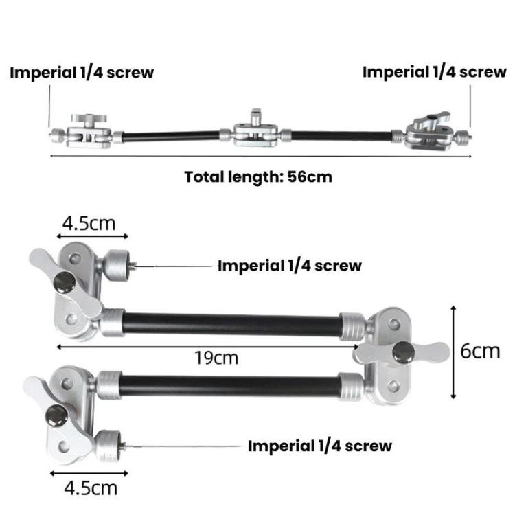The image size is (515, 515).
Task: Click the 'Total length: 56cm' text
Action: click(x=258, y=176)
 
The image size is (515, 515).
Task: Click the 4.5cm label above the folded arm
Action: click(x=89, y=223)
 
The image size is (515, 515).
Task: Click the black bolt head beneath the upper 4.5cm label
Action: click(x=66, y=280)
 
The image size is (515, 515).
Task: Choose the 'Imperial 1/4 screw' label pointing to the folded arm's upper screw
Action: click(x=289, y=266)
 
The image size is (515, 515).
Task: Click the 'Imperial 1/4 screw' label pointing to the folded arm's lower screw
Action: click(x=320, y=446)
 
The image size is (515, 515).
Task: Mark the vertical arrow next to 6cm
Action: click(x=453, y=351)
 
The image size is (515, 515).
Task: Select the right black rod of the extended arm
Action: click(x=341, y=135)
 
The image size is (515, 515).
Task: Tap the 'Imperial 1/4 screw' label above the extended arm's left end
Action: click(x=81, y=73)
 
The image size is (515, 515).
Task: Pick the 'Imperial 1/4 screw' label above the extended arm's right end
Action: click(x=434, y=71)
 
